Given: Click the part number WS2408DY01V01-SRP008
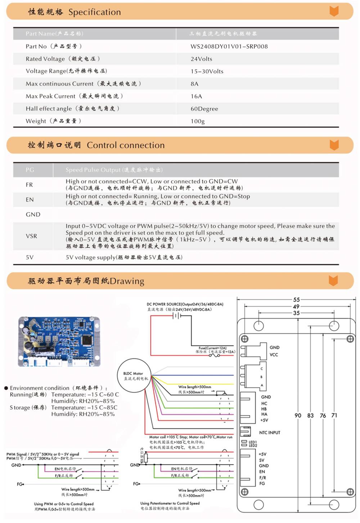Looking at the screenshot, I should tap(229, 46).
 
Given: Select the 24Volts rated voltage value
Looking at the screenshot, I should tap(201, 59).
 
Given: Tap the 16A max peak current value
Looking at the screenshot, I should tap(196, 96).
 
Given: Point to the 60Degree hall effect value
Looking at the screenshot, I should tap(204, 109).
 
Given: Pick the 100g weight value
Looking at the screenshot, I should tap(197, 121).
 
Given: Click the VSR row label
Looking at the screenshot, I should tap(31, 236).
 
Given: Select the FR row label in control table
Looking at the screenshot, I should tap(29, 185).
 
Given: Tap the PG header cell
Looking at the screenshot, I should tap(30, 170).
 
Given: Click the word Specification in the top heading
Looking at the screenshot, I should tap(94, 12).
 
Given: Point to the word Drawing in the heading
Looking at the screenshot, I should tap(127, 281).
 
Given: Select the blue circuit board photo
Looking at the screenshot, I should tap(59, 341).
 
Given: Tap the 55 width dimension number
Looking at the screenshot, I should tap(296, 300).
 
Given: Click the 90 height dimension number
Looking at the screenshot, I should tap(298, 415).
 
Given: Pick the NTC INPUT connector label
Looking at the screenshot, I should tap(269, 433).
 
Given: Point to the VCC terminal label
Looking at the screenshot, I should tap(274, 355).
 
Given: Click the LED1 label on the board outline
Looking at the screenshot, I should tap(253, 442).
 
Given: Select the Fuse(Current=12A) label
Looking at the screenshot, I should tap(212, 348).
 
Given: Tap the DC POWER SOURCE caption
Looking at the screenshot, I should tap(185, 304).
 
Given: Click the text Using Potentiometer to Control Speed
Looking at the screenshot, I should tap(170, 503).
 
